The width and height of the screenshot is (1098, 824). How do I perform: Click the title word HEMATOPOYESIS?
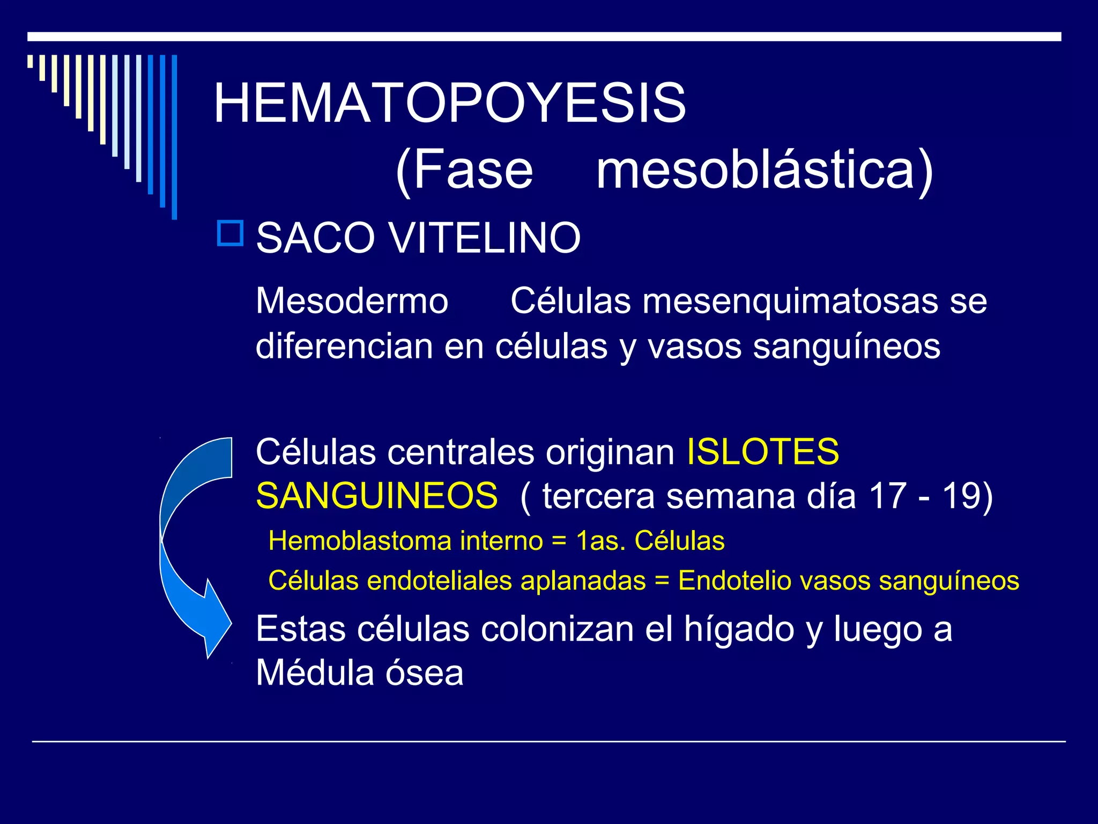click(x=449, y=103)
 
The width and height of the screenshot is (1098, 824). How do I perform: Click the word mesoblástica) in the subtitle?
click(x=765, y=171)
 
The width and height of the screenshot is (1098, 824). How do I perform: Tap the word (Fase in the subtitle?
click(x=464, y=171)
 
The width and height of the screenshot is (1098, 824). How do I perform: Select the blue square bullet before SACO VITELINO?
click(x=230, y=233)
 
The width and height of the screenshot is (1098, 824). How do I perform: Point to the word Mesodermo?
click(x=352, y=301)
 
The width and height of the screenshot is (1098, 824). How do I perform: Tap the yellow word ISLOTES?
click(x=762, y=452)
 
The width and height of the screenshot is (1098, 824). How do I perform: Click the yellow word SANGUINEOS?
click(x=377, y=496)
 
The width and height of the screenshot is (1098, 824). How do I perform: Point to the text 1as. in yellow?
click(x=600, y=541)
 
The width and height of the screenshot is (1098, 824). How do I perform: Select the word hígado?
click(x=739, y=629)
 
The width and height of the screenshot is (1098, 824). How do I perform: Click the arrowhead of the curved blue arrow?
click(x=214, y=622)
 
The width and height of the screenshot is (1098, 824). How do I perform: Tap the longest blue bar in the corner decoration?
click(x=174, y=137)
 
